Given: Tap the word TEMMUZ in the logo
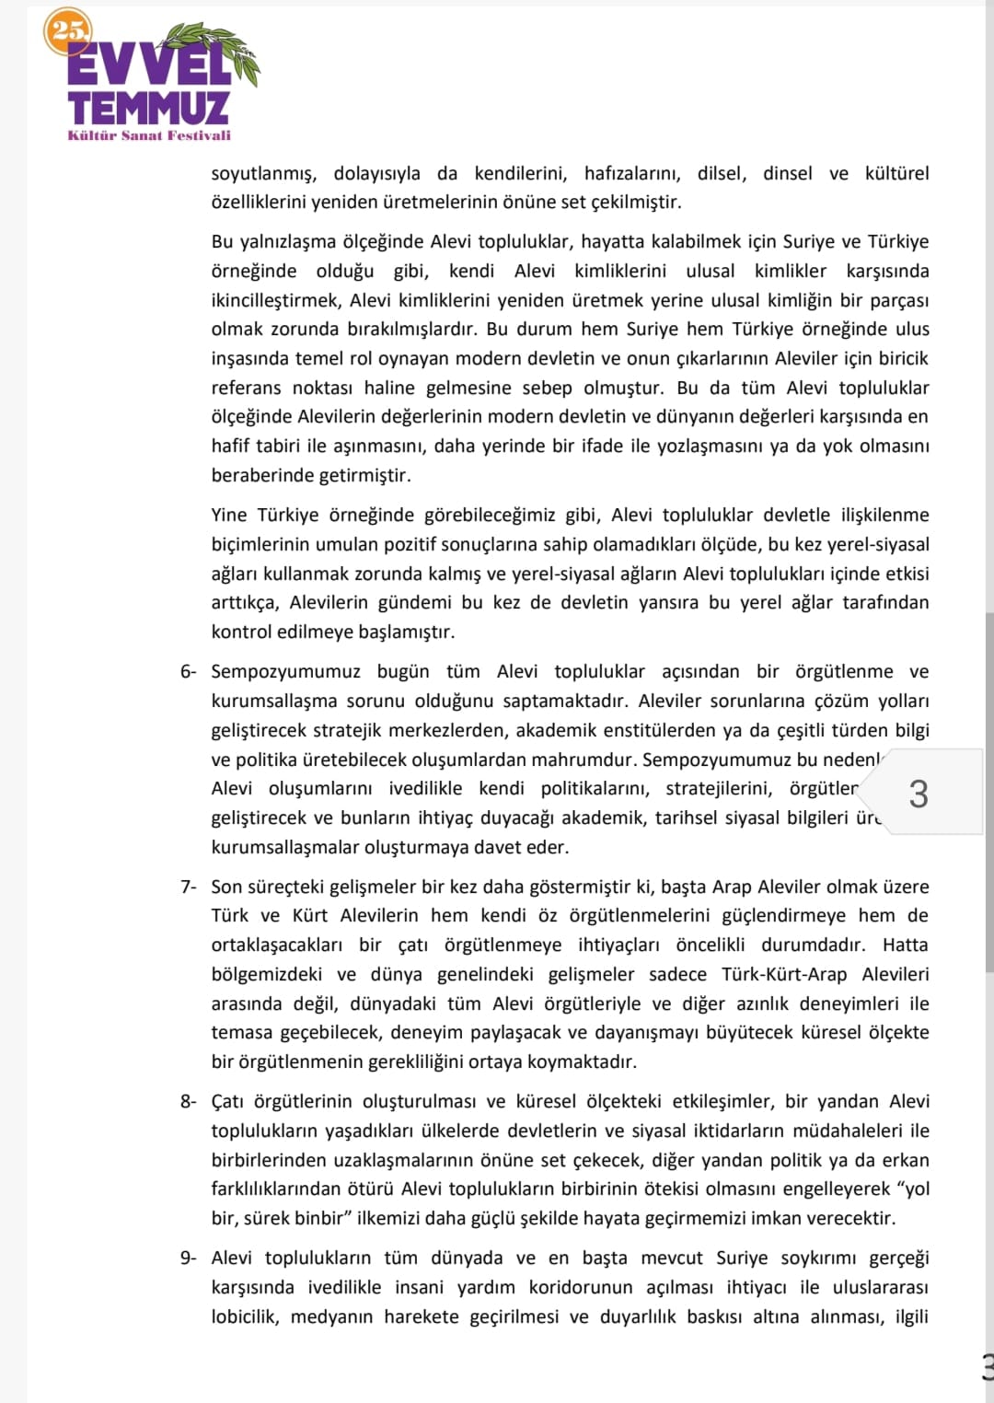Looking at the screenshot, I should coord(148,107).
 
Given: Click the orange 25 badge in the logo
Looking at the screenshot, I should coord(67,31).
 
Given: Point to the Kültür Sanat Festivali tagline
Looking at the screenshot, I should coord(149,135).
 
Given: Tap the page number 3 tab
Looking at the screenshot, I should coord(918,794).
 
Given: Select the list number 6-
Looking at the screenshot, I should coord(188,672).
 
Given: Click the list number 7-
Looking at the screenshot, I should coord(188,887).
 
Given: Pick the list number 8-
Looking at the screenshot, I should coord(188,1101).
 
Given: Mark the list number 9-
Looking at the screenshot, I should coord(188,1258).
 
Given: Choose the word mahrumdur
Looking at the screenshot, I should coord(592,759).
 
